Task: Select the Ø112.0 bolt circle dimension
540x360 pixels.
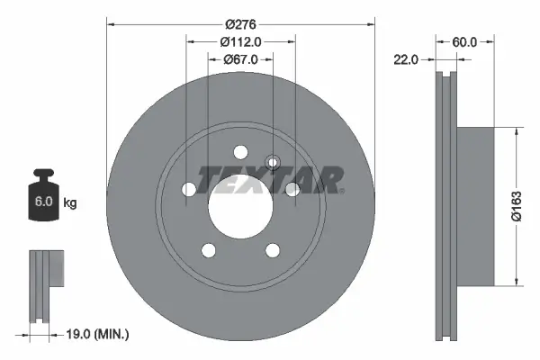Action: point(240,40)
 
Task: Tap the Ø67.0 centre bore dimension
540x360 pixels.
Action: point(240,58)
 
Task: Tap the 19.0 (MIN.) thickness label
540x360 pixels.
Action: point(99,335)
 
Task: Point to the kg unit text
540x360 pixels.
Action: point(69,203)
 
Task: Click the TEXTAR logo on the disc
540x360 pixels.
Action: point(271,181)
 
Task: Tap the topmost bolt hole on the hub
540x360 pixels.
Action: point(240,152)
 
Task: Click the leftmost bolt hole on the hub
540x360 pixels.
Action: point(188,190)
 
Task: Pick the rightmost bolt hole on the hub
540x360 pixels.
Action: point(292,189)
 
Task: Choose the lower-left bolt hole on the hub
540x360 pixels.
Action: point(208,250)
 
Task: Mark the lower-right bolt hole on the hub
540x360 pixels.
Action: point(273,250)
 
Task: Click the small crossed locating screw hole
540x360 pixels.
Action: point(275,163)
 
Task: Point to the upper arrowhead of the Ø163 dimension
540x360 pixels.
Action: point(515,131)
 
